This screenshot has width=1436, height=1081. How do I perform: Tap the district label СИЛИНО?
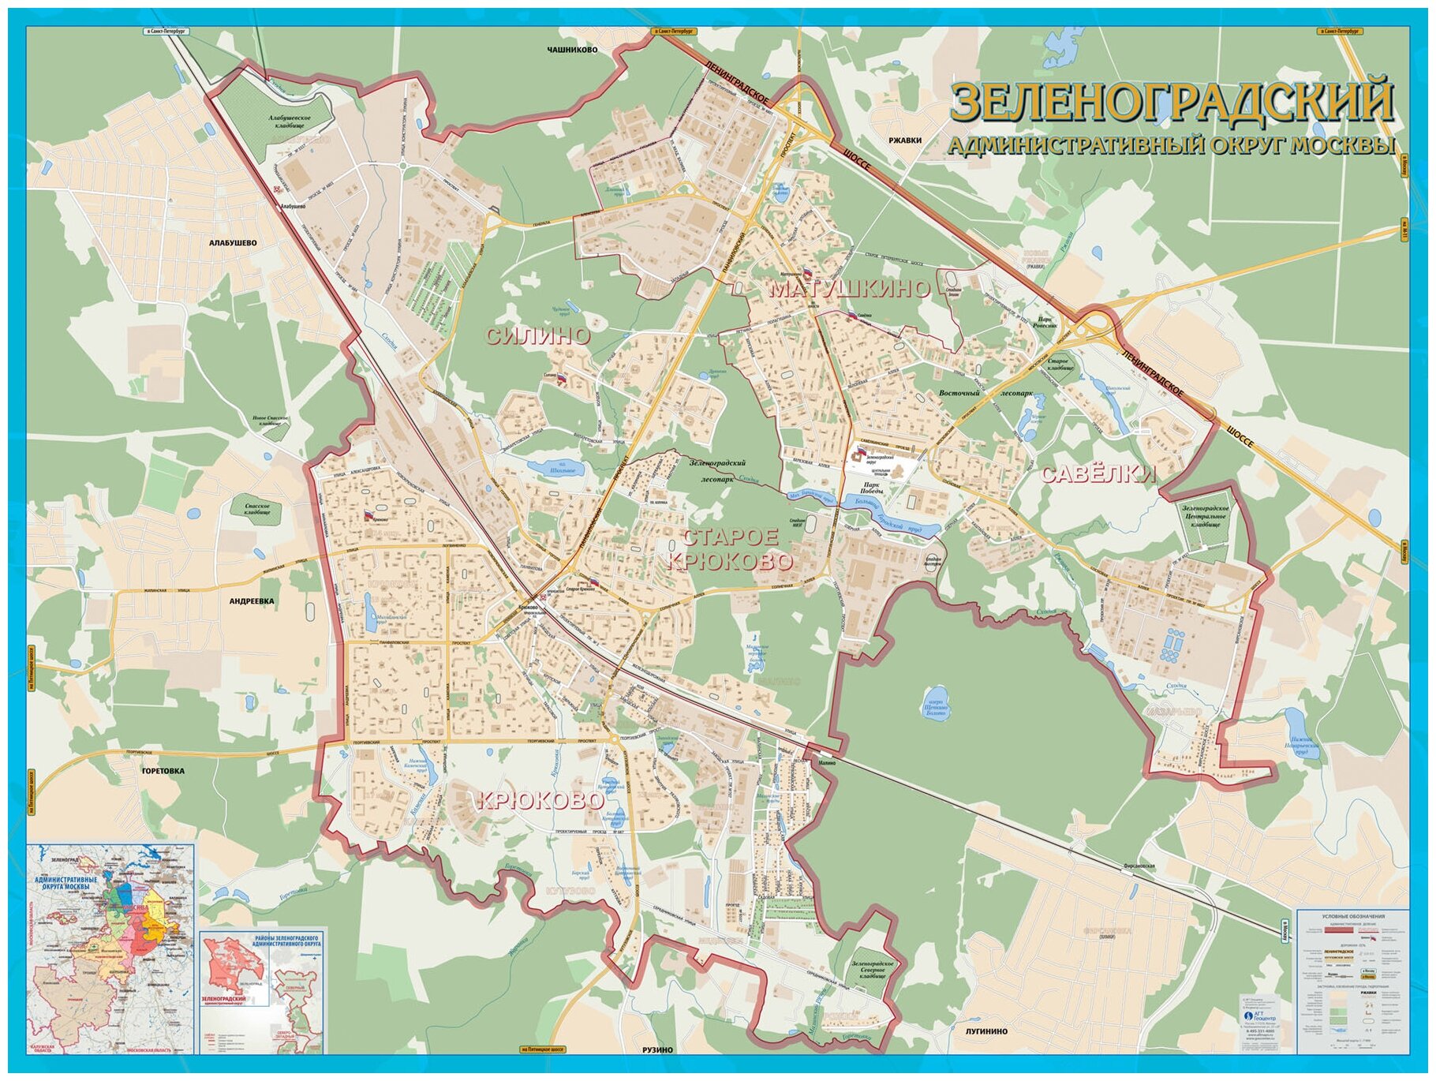coord(537,337)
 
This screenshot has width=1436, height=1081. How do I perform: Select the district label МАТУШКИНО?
coord(849,289)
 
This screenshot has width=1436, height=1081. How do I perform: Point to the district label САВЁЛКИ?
coord(1098,474)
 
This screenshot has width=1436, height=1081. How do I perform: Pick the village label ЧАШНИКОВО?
coord(572,50)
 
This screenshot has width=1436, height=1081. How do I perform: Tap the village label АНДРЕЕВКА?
coord(252,601)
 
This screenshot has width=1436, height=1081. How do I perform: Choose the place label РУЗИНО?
coord(657,1050)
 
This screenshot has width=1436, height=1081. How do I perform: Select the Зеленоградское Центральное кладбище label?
coord(1205,517)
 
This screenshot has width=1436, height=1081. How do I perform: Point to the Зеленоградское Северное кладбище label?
coord(872,970)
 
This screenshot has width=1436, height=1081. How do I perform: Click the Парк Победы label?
coord(871,489)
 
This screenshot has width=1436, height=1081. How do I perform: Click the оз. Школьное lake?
coord(555,469)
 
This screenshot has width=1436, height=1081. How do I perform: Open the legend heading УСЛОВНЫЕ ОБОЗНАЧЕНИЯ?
coord(1352,916)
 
